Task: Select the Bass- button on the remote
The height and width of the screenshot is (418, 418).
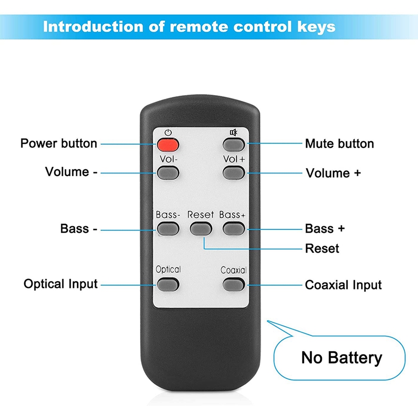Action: [x=168, y=228]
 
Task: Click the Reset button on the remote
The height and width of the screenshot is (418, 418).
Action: [x=201, y=228]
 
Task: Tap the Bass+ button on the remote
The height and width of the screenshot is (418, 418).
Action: [x=234, y=228]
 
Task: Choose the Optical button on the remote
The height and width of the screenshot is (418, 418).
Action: [x=168, y=284]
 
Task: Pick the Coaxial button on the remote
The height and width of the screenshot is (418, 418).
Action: [x=234, y=284]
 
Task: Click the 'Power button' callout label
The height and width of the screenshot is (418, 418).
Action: [x=59, y=143]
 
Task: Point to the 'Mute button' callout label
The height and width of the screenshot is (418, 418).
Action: [x=340, y=144]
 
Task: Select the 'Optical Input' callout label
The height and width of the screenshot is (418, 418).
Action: [x=61, y=284]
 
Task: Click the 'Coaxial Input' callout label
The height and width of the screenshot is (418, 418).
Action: [x=343, y=285]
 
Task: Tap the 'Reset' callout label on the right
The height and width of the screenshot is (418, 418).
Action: [x=322, y=249]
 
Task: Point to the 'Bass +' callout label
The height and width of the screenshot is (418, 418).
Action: [x=325, y=228]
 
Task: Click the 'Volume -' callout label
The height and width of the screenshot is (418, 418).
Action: [x=71, y=172]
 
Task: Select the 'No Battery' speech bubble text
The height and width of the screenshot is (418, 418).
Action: [x=342, y=358]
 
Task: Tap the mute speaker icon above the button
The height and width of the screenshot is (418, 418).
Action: [x=234, y=132]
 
